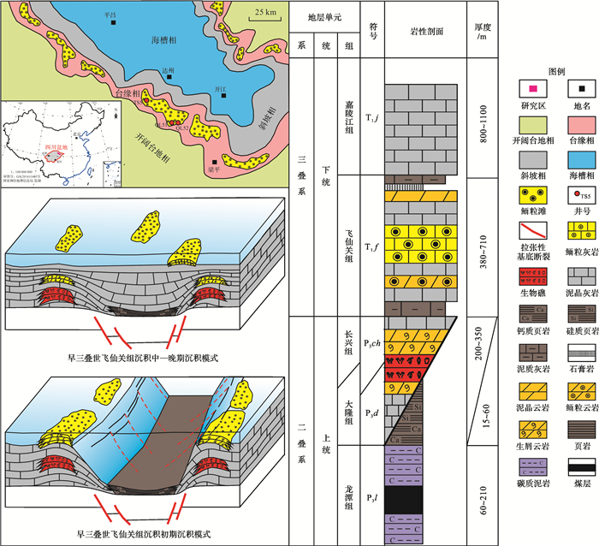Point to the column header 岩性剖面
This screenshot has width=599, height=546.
point(425,30)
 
